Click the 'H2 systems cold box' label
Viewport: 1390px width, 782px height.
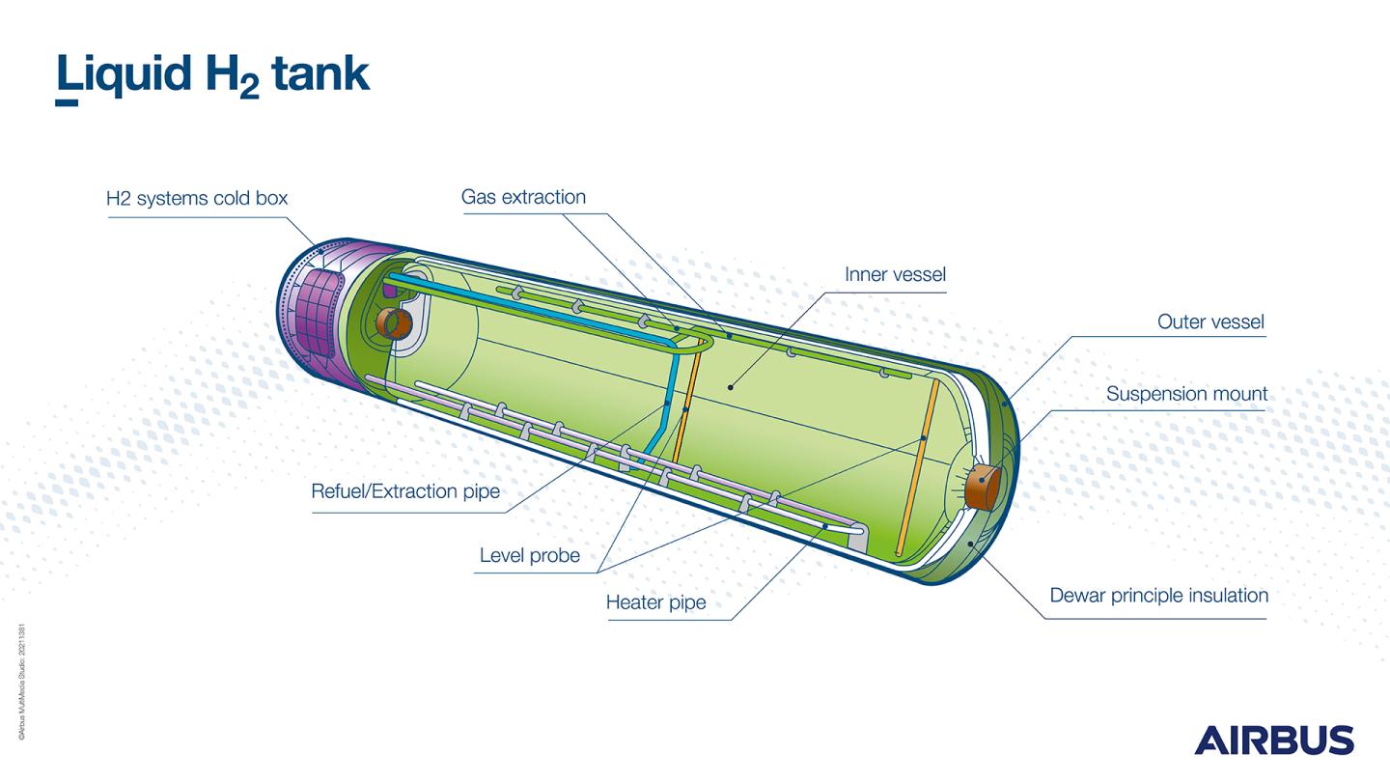(x=197, y=199)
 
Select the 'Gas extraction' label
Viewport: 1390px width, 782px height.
(x=523, y=197)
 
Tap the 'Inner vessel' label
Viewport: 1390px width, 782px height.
(x=895, y=274)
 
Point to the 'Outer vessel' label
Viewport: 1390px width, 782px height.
(x=1210, y=321)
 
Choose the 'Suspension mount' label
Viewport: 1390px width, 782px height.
(x=1186, y=394)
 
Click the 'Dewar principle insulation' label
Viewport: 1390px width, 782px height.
(x=1158, y=595)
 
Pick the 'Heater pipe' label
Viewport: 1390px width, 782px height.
(x=655, y=602)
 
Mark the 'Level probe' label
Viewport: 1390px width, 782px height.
(x=530, y=555)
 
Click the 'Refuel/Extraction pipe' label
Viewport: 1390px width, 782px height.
(x=405, y=491)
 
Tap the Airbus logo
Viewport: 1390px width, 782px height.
(x=1274, y=740)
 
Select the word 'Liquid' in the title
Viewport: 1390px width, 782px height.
(x=123, y=74)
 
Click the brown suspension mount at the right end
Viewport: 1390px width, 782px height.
(x=984, y=486)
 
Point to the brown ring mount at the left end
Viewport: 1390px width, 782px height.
(x=395, y=323)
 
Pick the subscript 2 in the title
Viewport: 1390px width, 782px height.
(x=248, y=88)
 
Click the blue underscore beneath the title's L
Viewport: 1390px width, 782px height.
(x=67, y=100)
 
